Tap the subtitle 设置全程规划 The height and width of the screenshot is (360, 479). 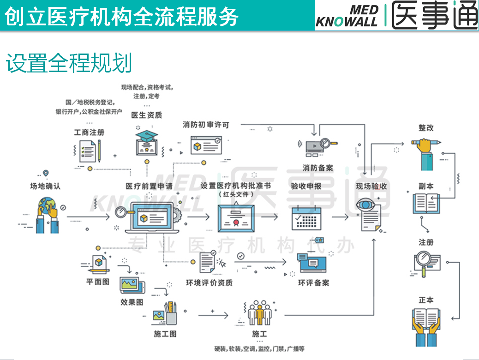69,63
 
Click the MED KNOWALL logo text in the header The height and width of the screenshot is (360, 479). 347,17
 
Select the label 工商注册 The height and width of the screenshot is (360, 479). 90,132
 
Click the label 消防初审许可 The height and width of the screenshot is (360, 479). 205,125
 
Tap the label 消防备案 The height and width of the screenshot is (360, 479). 318,168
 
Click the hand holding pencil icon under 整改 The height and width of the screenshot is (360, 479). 426,152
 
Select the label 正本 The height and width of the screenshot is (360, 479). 426,300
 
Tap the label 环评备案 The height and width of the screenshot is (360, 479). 313,282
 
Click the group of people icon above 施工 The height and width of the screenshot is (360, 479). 259,313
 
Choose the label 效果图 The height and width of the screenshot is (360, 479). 132,302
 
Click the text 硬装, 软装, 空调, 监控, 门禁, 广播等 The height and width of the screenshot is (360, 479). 259,348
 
